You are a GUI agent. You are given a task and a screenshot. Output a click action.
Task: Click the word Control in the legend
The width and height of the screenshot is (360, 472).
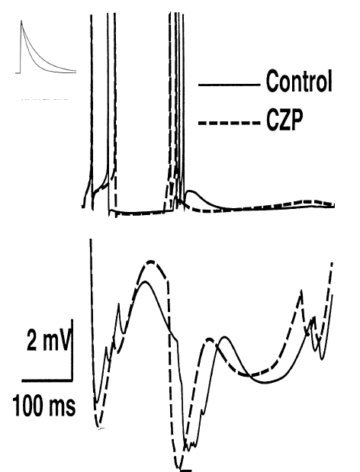point(299,81)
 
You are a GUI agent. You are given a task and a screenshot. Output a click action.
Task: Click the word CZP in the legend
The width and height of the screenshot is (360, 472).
point(284,120)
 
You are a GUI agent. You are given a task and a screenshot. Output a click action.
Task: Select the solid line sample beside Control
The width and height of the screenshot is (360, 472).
point(229,85)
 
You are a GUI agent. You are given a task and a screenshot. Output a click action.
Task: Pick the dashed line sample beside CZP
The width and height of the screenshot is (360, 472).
point(229,123)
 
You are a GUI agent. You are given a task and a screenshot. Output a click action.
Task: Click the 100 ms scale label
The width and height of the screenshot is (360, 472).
point(44,405)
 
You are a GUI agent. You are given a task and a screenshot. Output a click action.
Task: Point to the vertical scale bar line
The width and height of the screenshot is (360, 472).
point(72,350)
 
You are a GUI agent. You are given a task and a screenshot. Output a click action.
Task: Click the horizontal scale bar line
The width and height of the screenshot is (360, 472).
point(47,380)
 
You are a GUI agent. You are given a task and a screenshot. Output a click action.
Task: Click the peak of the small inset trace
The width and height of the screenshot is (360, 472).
point(21,21)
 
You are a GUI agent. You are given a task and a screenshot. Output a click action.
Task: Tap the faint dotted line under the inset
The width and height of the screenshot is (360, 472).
point(45,99)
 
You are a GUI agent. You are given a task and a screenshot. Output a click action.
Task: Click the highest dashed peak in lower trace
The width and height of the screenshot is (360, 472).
point(150,262)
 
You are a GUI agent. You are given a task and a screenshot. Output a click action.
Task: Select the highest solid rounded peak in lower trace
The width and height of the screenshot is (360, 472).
point(146,282)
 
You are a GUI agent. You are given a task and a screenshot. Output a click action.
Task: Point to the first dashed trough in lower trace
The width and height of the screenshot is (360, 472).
point(97,426)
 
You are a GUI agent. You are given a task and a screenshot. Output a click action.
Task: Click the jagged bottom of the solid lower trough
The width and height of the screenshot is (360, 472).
point(191,445)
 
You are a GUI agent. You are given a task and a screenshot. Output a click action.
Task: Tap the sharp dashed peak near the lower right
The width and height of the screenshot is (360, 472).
point(301,291)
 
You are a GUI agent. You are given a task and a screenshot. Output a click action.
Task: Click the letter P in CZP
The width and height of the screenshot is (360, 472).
point(294,120)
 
